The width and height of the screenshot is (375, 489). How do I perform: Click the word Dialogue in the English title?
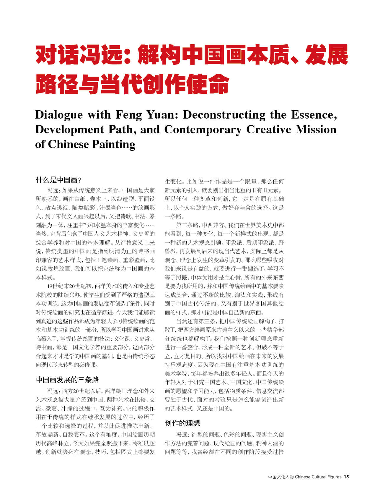tap(59, 115)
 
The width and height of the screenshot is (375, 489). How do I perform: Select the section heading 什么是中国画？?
tap(58, 180)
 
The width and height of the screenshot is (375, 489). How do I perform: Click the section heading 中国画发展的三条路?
tap(67, 380)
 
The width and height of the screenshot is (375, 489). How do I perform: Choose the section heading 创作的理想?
tap(182, 423)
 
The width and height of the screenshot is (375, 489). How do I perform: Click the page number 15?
tap(346, 477)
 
